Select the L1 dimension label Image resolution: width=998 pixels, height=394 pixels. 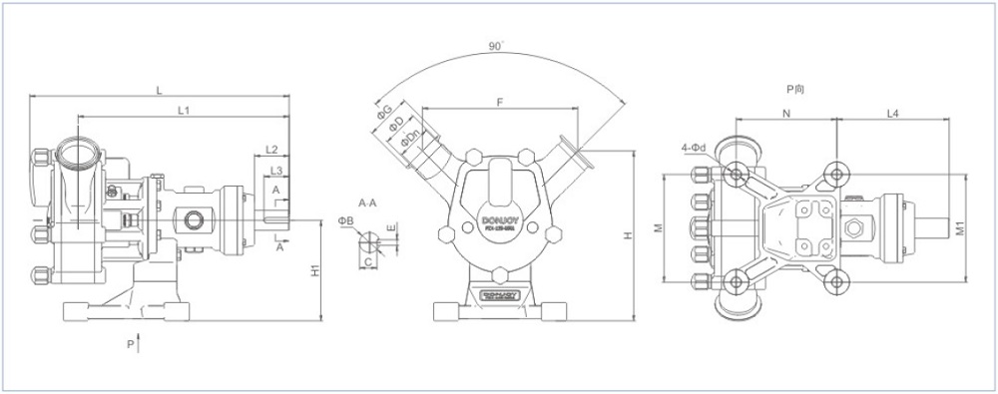point(184,110)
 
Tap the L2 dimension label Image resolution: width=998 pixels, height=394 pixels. point(270,149)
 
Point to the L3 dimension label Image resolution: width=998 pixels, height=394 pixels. point(276,171)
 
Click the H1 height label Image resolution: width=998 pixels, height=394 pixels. point(314,269)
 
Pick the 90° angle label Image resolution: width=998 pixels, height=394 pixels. point(495,47)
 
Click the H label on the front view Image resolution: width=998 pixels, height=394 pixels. point(627,235)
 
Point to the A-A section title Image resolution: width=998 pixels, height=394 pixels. point(367,202)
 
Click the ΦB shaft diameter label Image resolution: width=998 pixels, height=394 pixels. point(345,220)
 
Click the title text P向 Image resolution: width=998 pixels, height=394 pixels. point(795,90)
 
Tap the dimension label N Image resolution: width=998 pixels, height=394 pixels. point(786,114)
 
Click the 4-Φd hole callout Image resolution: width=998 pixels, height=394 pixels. point(694,149)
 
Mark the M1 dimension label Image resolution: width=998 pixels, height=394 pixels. point(960,228)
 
